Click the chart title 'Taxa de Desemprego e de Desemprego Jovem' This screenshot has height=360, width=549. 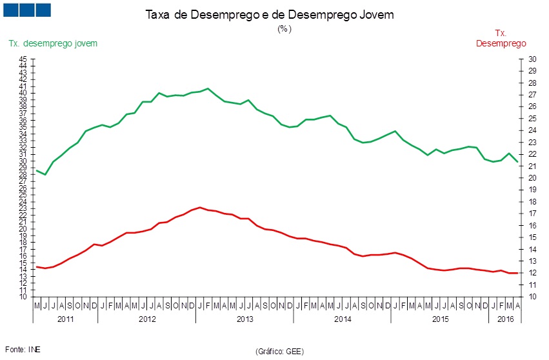(269, 15)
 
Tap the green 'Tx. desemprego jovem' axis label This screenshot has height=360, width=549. (53, 43)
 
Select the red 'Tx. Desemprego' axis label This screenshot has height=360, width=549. (501, 38)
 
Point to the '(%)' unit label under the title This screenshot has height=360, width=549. (284, 29)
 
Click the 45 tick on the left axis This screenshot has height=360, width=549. (23, 59)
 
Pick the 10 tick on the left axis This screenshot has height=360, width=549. (23, 297)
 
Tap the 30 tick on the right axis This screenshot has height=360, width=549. (532, 59)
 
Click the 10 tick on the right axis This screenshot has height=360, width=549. (532, 297)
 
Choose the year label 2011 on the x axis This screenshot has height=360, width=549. (66, 319)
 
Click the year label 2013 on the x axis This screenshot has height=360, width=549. (245, 319)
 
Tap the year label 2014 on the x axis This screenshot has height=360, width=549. (342, 319)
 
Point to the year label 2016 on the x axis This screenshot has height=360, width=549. (504, 319)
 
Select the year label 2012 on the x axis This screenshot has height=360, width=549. (147, 319)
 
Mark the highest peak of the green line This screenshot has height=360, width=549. (208, 88)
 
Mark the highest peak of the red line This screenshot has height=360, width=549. (200, 207)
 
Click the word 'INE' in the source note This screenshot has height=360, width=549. (34, 349)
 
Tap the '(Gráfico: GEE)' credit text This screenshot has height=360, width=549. (279, 352)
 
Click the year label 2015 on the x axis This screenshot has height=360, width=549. (439, 319)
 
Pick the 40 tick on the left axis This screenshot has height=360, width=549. (23, 93)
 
